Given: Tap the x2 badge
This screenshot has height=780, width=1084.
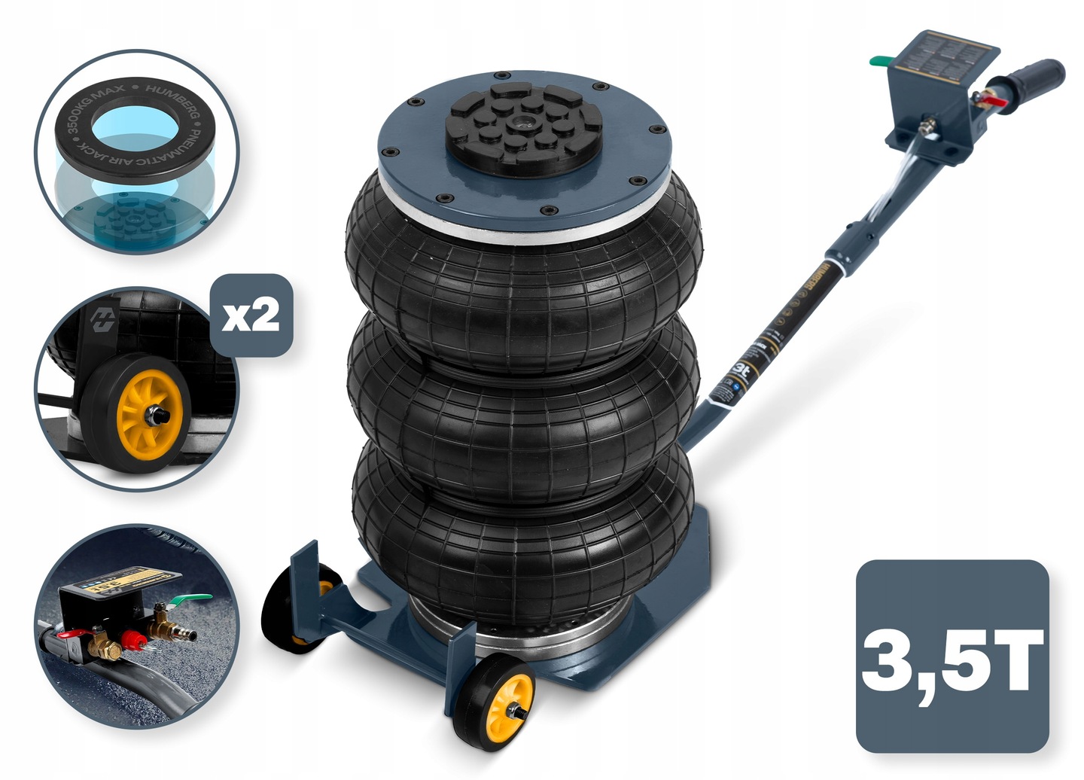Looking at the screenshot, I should coord(251,315).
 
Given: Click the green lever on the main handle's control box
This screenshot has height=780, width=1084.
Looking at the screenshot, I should coord(878,61).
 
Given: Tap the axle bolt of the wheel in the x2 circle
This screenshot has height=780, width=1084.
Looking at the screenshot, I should coord(160,414).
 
